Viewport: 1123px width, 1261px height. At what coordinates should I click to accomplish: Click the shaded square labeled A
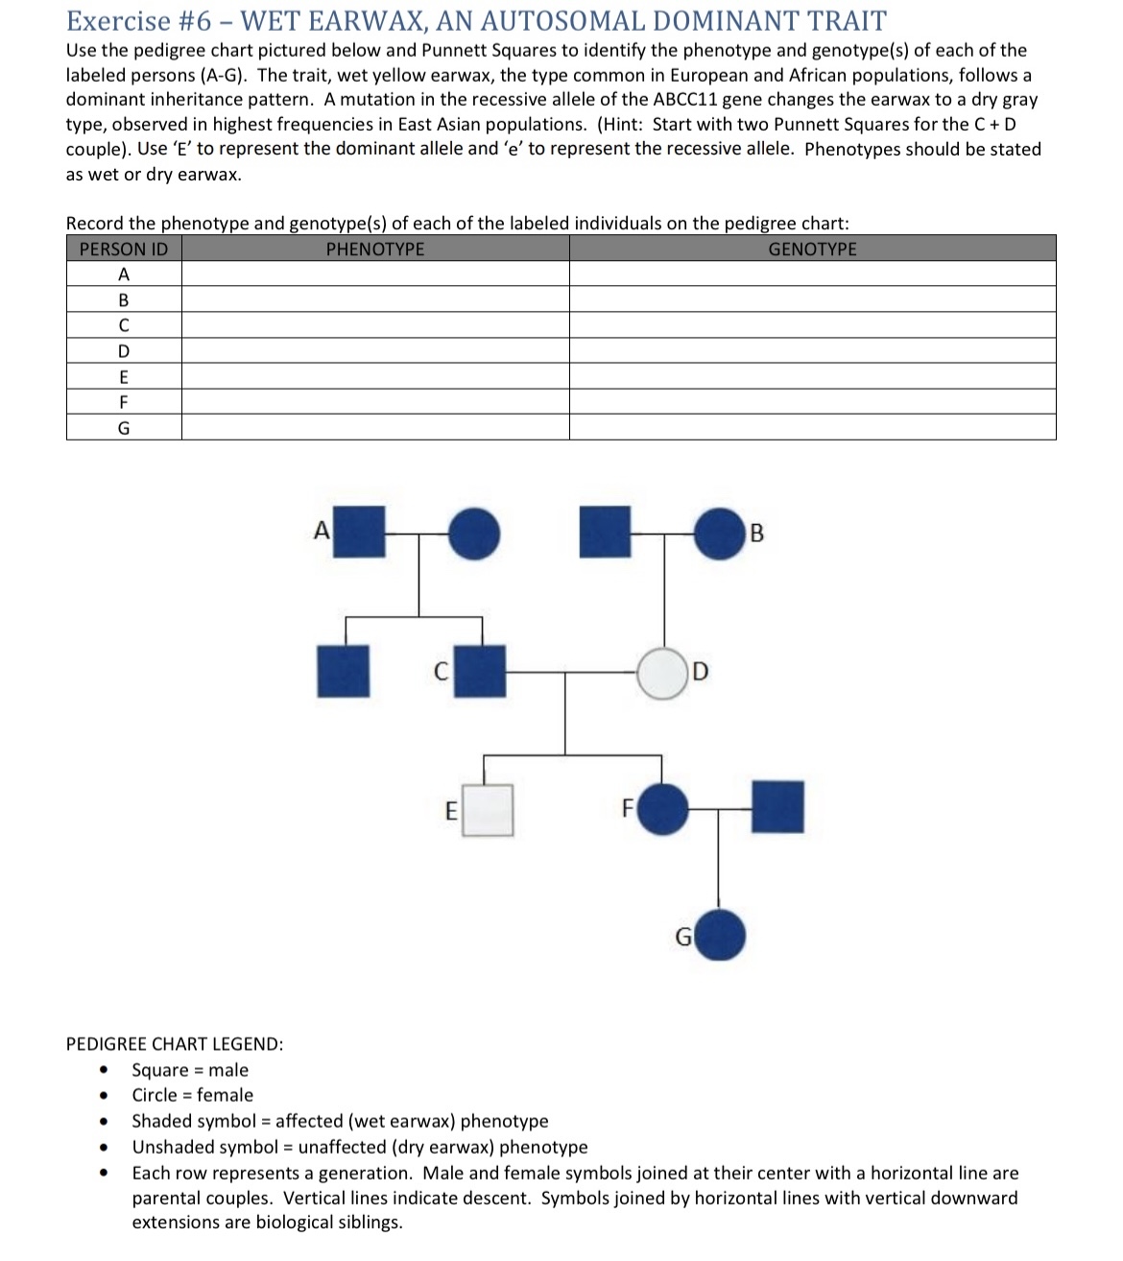(x=358, y=532)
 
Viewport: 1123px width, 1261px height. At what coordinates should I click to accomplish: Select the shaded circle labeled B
(x=719, y=534)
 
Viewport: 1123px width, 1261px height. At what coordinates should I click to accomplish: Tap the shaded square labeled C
(x=480, y=671)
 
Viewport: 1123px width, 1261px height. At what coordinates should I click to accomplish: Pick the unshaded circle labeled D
(x=663, y=673)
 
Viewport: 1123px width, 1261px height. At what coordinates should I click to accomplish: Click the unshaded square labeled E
(x=488, y=810)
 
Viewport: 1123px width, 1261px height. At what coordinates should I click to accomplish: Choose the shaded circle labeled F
(x=663, y=808)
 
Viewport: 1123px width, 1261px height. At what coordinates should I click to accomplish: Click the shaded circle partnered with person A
(x=474, y=534)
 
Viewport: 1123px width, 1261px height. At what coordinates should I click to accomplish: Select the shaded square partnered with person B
(x=606, y=532)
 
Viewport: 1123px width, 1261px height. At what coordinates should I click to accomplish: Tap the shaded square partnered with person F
(x=777, y=807)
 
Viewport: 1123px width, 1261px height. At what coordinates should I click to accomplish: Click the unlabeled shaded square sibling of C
(x=344, y=671)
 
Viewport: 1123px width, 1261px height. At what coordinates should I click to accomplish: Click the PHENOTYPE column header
(x=375, y=250)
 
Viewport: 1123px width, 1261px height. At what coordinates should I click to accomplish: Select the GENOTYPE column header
(x=812, y=250)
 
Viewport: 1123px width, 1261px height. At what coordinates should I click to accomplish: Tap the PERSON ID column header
(x=124, y=250)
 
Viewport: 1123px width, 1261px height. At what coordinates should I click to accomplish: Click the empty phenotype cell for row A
(x=375, y=274)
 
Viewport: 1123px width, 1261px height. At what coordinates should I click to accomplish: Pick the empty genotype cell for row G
(x=812, y=428)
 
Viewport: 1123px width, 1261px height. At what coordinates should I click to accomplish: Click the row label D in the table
(x=124, y=351)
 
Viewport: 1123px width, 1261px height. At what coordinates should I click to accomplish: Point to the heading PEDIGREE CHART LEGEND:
(x=175, y=1044)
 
